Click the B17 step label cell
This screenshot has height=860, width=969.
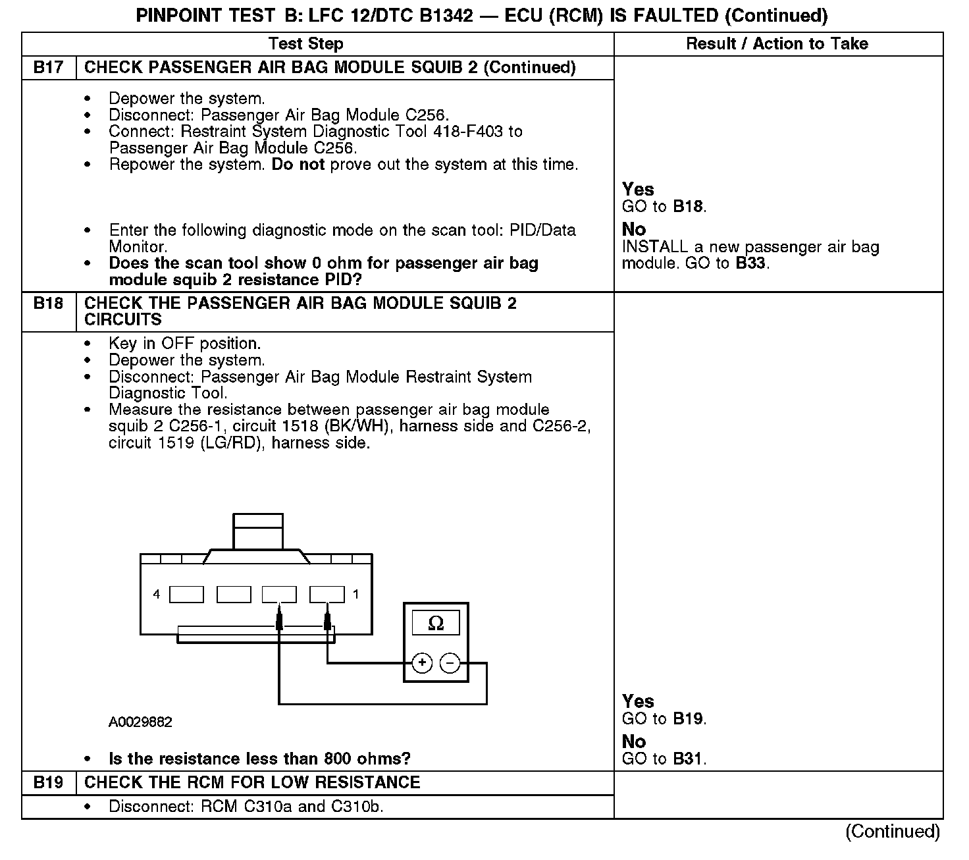(x=49, y=68)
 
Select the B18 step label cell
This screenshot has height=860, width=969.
(x=49, y=304)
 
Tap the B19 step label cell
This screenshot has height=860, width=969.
(x=49, y=782)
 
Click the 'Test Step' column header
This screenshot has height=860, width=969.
(x=306, y=44)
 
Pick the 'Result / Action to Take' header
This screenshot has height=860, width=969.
(x=777, y=44)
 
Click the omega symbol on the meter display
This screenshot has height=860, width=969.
(x=436, y=623)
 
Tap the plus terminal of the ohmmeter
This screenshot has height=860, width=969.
(x=422, y=663)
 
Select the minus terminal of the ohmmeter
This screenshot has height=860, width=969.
(x=450, y=663)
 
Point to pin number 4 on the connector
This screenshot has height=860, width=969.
(x=156, y=595)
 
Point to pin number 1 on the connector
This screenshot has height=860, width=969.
(x=356, y=595)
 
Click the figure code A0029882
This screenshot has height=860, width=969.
(x=140, y=722)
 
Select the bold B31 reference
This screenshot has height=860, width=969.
(x=688, y=759)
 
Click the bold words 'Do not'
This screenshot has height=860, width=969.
(x=298, y=165)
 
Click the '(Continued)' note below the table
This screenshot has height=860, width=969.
(x=892, y=832)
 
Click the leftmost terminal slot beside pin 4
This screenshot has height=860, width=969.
(x=186, y=595)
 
